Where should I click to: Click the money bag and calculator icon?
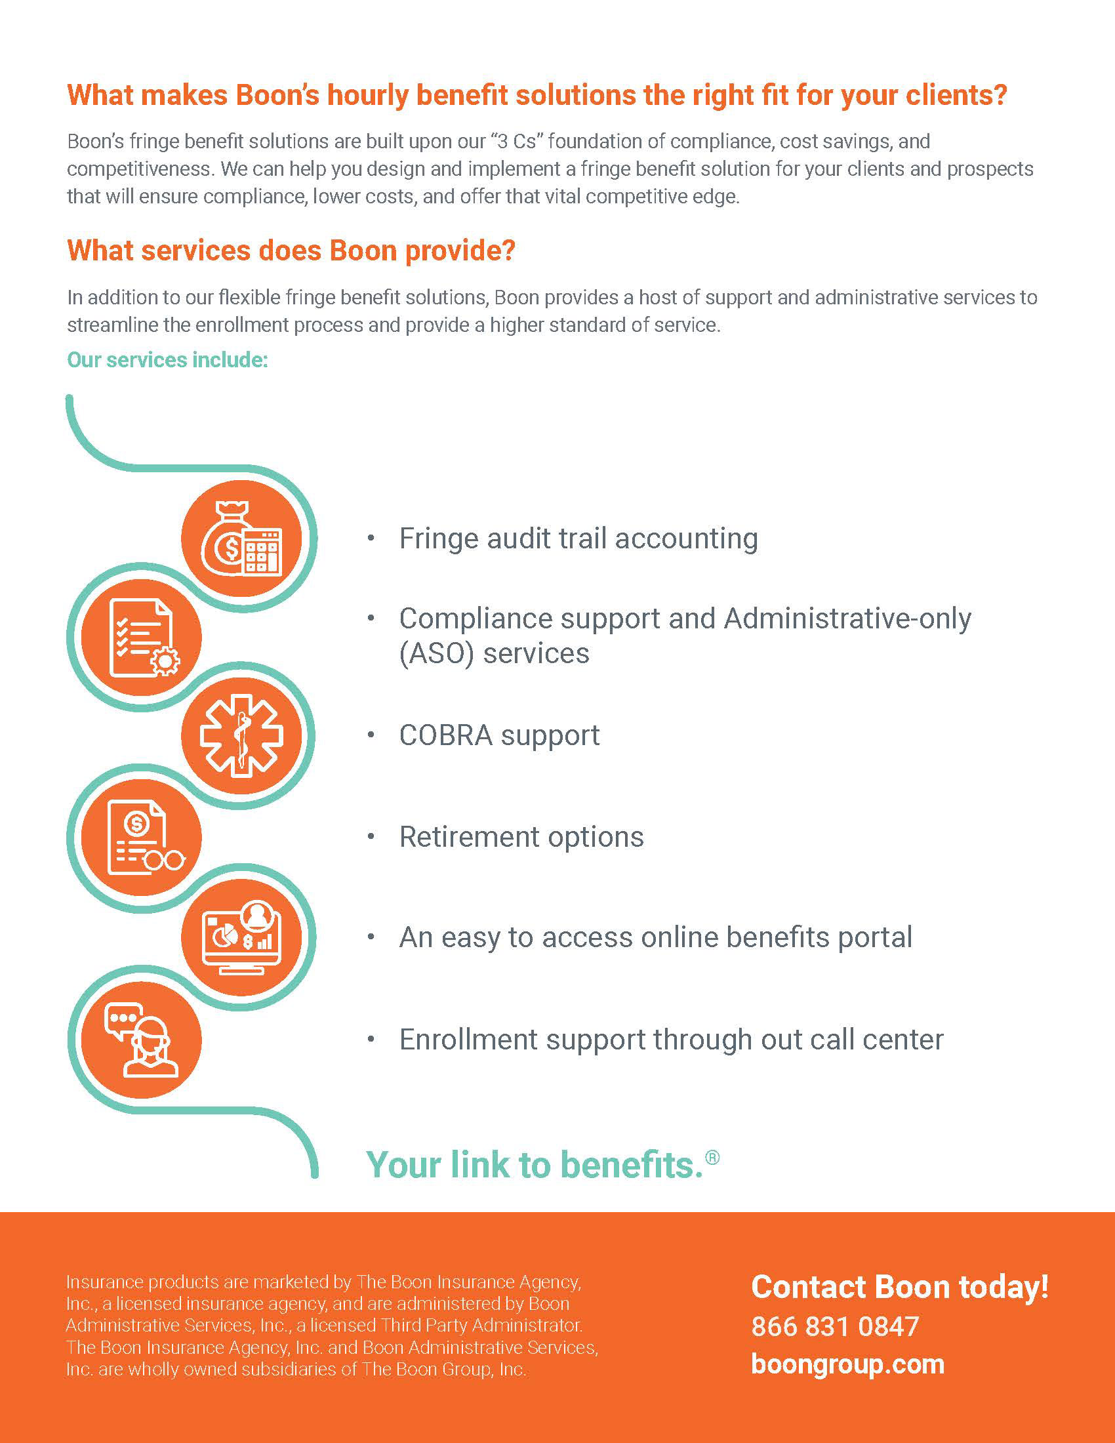click(242, 539)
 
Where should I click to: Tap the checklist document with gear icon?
click(142, 638)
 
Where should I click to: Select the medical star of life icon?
click(242, 735)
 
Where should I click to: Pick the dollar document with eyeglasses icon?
click(142, 837)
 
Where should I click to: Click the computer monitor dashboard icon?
click(242, 937)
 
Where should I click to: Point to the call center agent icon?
click(142, 1040)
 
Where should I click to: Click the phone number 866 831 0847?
click(835, 1326)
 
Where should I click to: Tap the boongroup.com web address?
click(847, 1364)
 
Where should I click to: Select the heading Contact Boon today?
click(900, 1287)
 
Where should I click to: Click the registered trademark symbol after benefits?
click(712, 1158)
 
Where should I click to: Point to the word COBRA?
click(445, 735)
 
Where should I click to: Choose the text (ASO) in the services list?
click(436, 654)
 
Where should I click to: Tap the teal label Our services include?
click(167, 360)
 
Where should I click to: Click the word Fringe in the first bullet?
click(438, 539)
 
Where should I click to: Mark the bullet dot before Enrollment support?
click(371, 1040)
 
